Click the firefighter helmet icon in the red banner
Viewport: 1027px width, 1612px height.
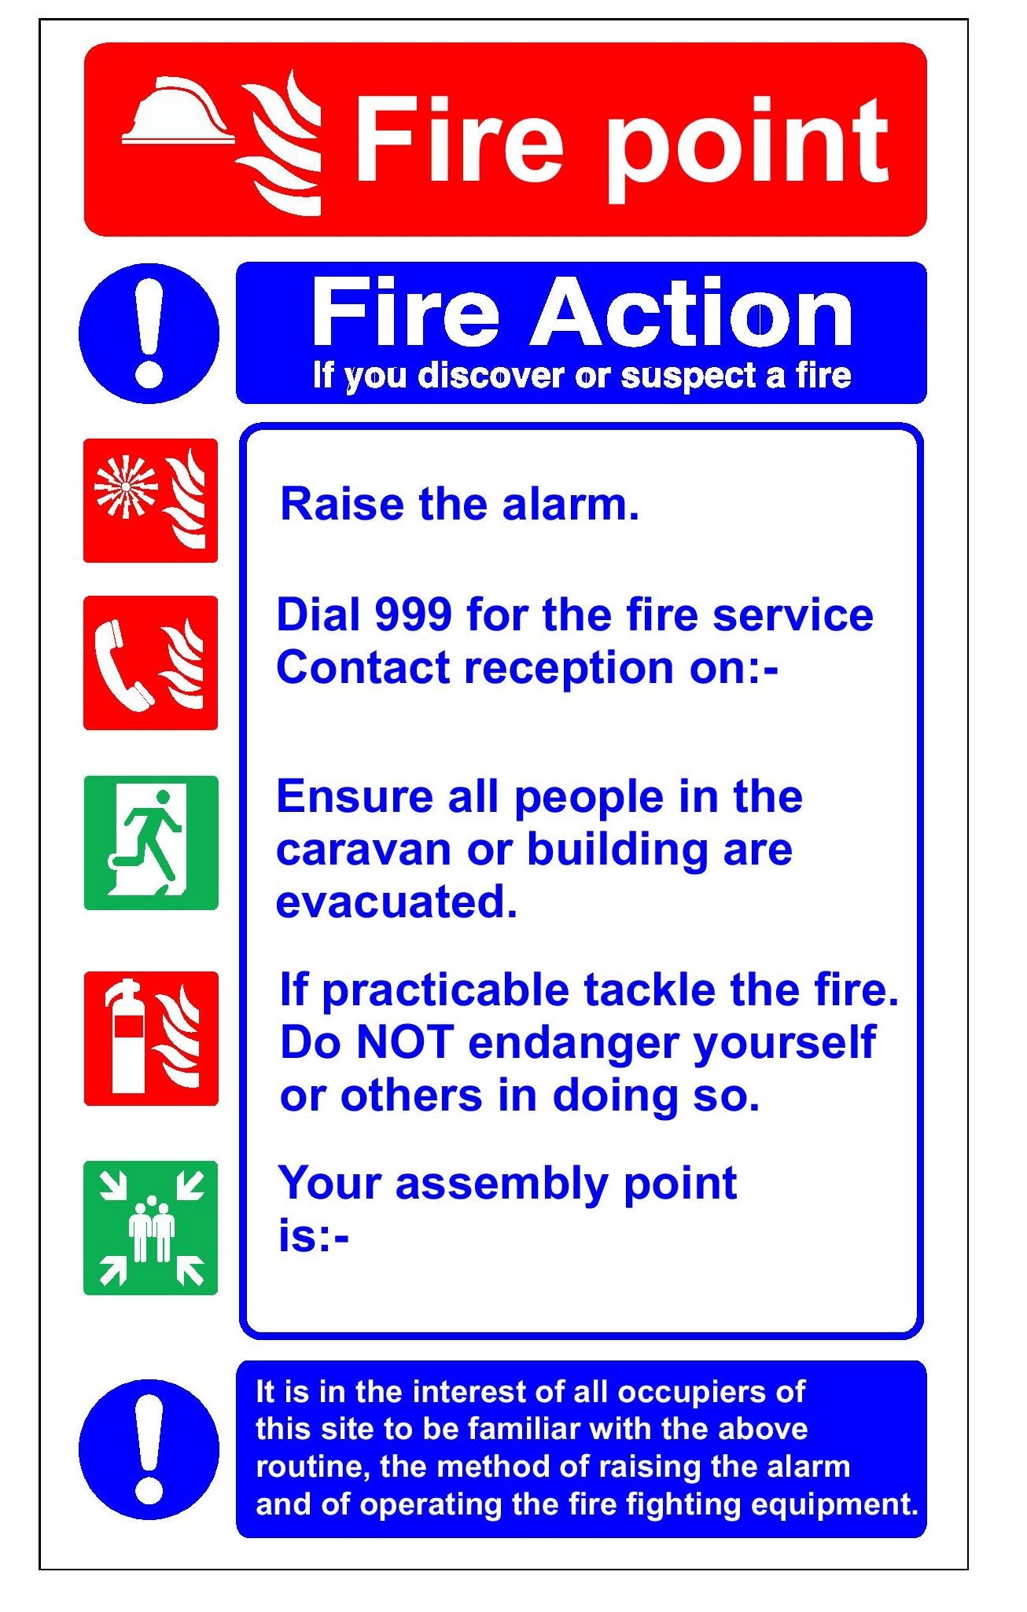[179, 111]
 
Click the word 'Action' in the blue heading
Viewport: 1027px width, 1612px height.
[692, 312]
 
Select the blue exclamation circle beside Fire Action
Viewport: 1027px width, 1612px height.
[149, 333]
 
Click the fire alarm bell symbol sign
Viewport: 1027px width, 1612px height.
[150, 501]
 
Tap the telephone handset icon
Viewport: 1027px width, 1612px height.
[122, 665]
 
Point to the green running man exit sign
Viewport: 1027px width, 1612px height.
[151, 843]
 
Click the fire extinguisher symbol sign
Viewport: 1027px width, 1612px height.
[151, 1038]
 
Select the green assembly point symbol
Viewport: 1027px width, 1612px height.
[150, 1228]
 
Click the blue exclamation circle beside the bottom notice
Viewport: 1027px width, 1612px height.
[149, 1449]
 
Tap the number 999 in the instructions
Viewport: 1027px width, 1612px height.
[413, 615]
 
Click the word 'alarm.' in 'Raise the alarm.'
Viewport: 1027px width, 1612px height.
[571, 504]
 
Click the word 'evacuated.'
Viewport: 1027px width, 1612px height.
[396, 901]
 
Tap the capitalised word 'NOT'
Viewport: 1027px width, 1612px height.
[406, 1043]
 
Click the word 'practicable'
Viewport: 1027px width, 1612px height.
[446, 990]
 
